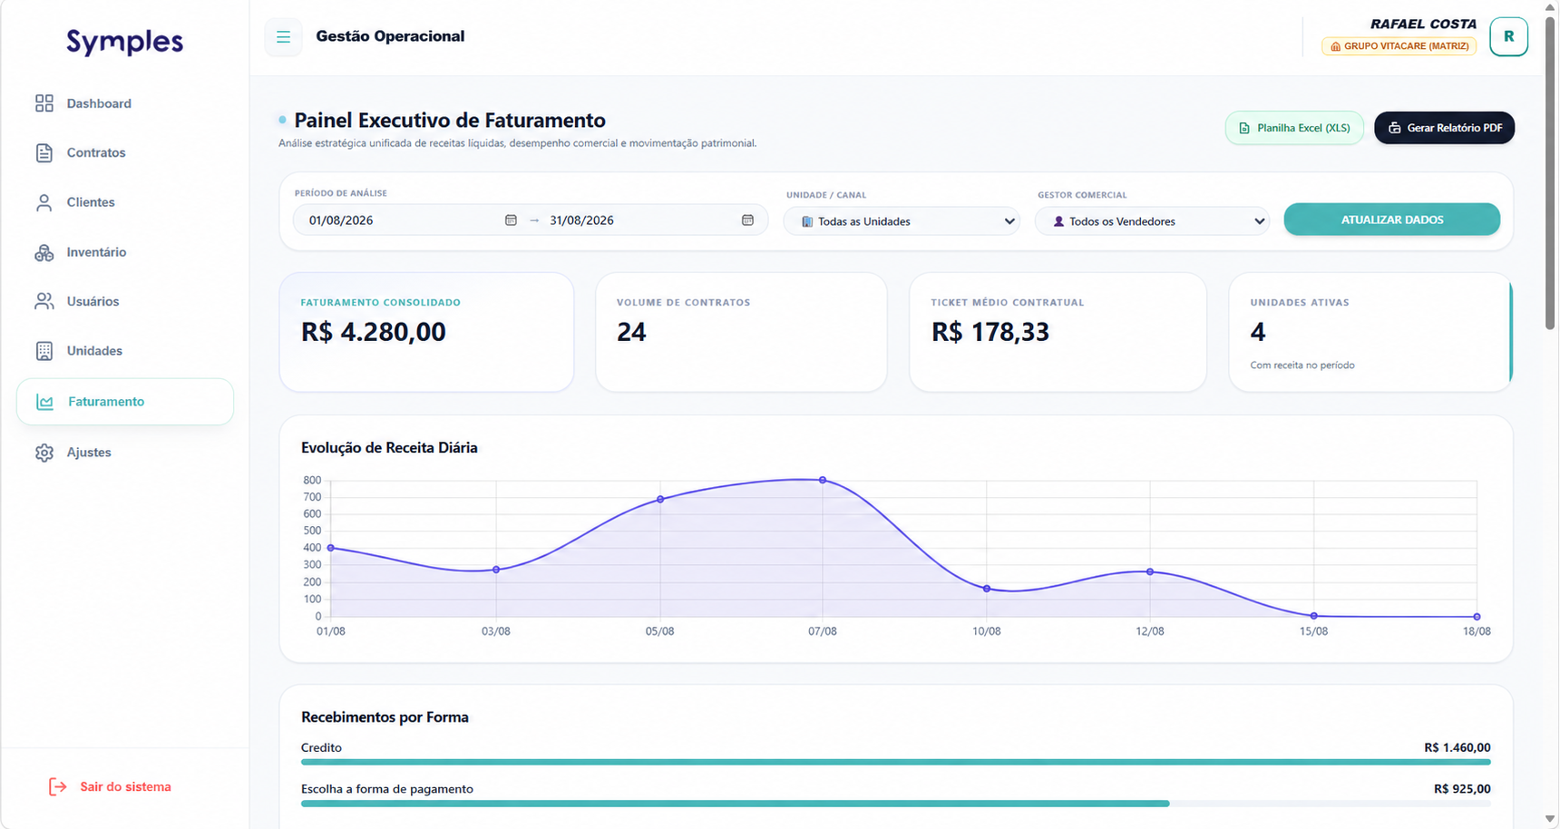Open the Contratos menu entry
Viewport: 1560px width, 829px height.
tap(81, 152)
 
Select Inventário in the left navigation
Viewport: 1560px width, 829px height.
tap(81, 252)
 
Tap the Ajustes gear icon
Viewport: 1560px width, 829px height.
tap(44, 453)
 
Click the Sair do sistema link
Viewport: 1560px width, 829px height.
tap(110, 786)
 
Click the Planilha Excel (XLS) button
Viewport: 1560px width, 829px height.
tap(1294, 128)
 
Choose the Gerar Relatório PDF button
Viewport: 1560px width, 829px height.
tap(1444, 128)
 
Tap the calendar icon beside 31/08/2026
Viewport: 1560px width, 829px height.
tap(747, 220)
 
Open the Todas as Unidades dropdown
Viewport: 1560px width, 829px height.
tap(902, 221)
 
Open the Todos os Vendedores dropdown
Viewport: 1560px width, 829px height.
tap(1152, 221)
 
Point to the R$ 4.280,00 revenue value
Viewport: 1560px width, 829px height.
tap(374, 332)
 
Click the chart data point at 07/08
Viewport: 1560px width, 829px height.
tap(823, 480)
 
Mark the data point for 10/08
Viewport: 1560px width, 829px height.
tap(987, 589)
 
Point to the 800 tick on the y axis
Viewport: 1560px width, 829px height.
tap(312, 481)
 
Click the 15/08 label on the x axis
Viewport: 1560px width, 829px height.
tap(1313, 631)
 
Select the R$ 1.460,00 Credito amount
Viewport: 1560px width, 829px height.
tap(1458, 747)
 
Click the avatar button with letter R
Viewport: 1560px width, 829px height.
tap(1508, 37)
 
